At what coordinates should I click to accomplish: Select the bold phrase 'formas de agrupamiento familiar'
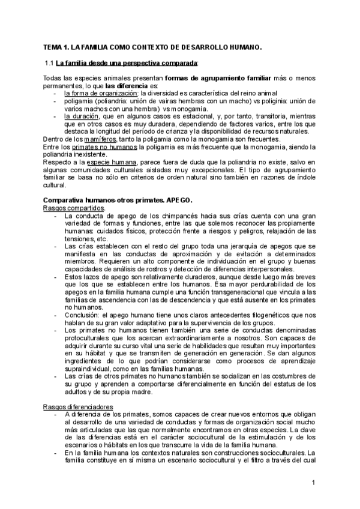[203, 78]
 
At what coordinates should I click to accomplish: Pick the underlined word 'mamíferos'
[98, 140]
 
